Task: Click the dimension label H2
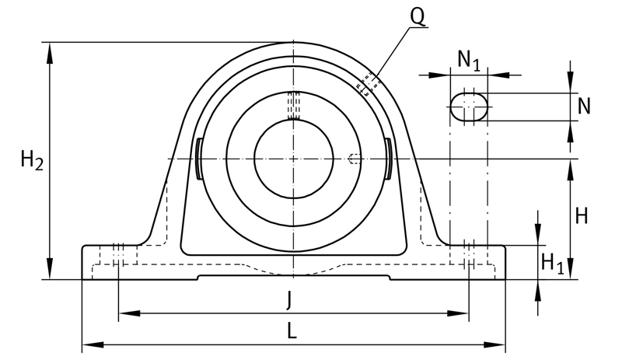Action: pos(32,161)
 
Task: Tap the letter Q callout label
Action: pos(418,16)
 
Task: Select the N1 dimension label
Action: pos(469,60)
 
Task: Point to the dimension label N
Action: pos(584,106)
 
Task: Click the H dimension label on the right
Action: pos(581,216)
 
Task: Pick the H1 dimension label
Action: pos(553,263)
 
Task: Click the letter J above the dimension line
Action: pos(289,299)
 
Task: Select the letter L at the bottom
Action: pos(292,330)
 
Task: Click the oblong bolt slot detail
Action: pos(469,107)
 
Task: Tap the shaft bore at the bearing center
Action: pos(294,159)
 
